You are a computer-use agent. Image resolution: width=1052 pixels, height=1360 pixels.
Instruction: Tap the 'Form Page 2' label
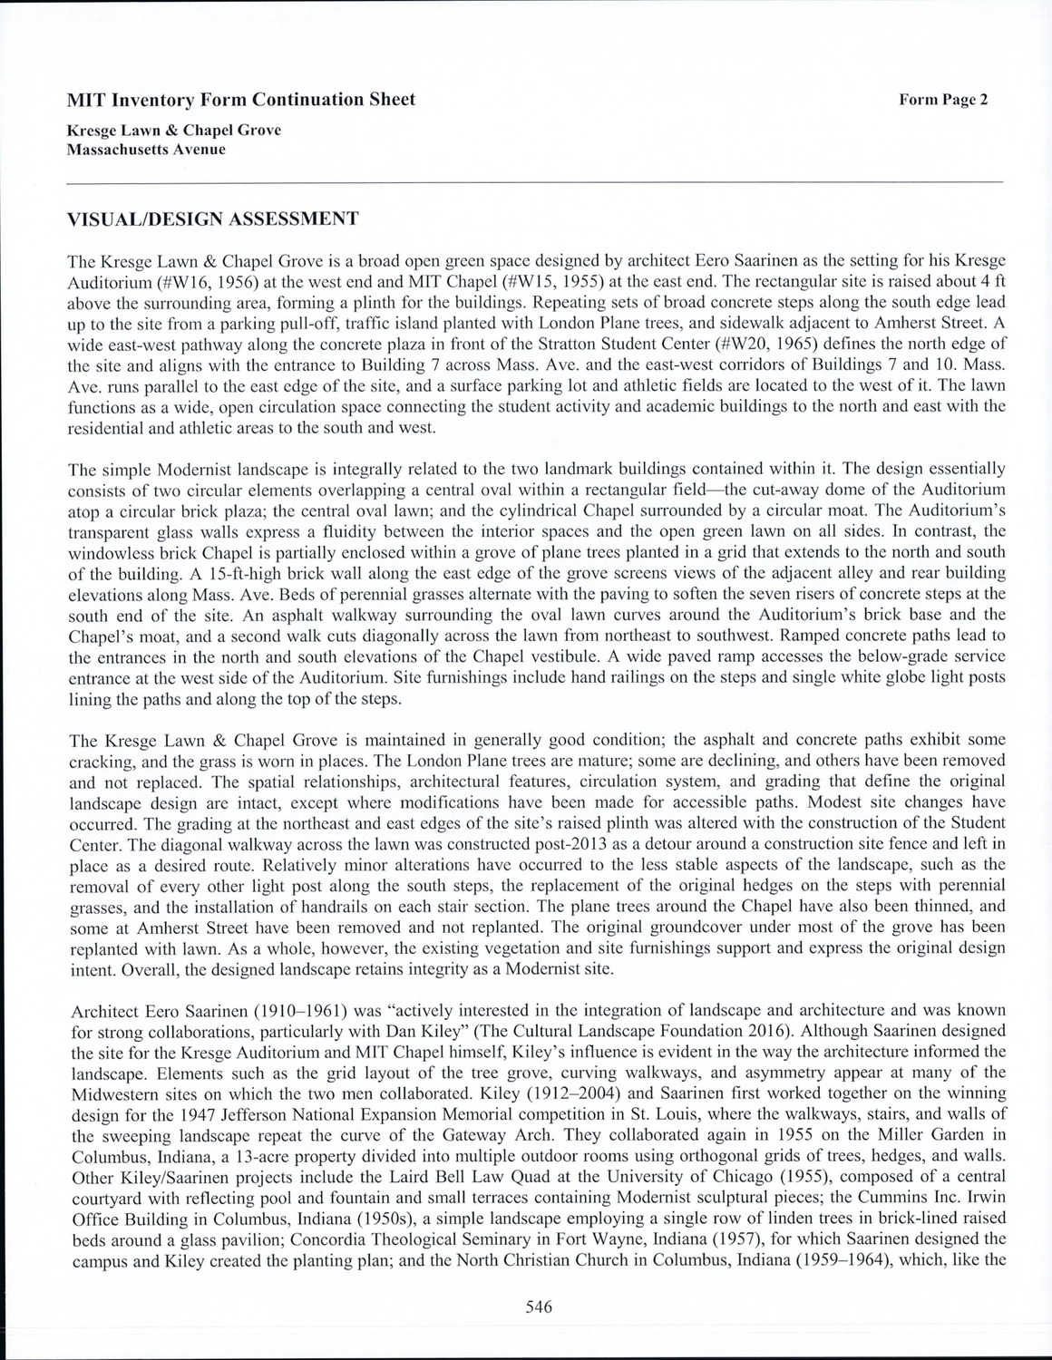942,100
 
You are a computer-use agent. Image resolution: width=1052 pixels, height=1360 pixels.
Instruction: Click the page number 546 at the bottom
538,1307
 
